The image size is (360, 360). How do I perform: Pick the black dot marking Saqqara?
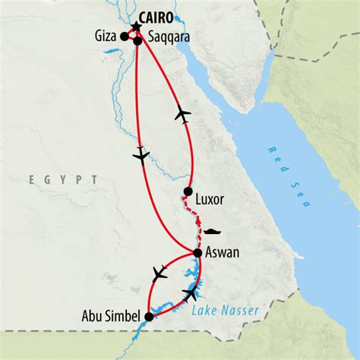[138, 41]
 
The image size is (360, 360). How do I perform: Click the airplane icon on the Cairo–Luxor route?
[182, 115]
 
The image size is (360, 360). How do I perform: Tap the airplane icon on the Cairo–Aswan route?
[141, 154]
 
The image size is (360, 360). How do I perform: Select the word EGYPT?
[64, 179]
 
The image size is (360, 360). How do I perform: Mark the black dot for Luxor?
[188, 192]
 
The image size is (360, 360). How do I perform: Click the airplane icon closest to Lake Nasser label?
[191, 292]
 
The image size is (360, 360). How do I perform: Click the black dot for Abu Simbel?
[149, 317]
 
